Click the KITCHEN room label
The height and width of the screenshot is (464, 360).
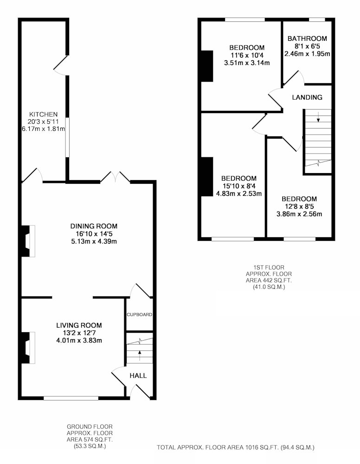(43, 114)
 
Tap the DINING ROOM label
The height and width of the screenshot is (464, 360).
(94, 226)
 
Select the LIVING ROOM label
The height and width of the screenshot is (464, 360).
(79, 325)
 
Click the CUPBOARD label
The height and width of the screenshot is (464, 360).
(139, 315)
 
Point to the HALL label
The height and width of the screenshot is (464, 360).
(138, 375)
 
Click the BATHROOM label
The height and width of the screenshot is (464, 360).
(308, 39)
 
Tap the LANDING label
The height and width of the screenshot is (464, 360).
(307, 97)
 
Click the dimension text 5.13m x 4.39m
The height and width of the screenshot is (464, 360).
(94, 241)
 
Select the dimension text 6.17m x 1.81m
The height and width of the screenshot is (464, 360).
(44, 129)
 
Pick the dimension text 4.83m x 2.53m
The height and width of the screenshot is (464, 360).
(239, 194)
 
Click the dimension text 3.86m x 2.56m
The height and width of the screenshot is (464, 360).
(299, 214)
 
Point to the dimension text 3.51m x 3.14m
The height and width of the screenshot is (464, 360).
(247, 63)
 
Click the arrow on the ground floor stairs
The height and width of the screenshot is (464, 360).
(140, 355)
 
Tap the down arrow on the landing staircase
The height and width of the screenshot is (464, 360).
(318, 117)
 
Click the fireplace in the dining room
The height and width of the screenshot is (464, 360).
(28, 241)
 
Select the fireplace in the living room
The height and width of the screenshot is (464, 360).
(28, 348)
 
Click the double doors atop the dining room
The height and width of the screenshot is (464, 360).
(116, 177)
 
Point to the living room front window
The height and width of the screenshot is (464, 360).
(71, 398)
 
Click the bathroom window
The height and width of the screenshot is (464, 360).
(317, 20)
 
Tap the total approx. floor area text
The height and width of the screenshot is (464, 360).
(236, 447)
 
